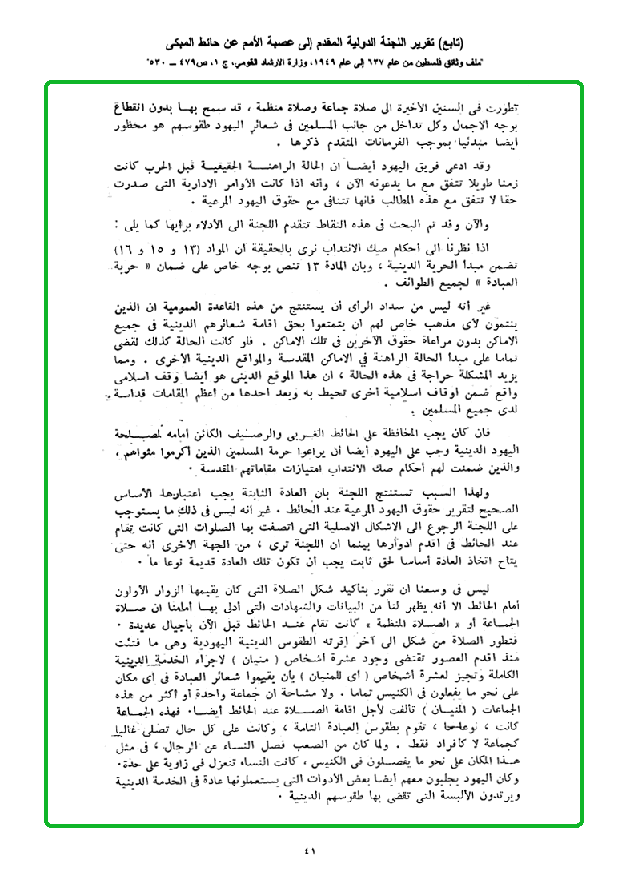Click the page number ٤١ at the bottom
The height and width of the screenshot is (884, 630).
click(x=311, y=850)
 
